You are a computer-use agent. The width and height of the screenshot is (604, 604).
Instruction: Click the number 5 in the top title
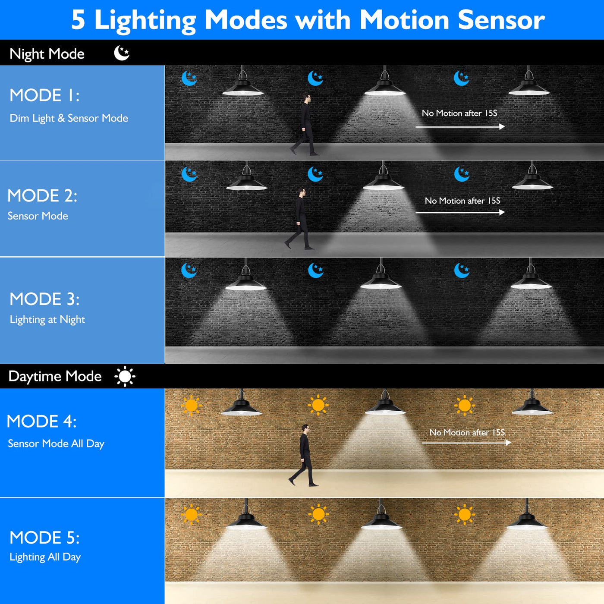(79, 19)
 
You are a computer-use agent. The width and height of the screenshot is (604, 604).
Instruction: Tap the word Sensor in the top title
(501, 19)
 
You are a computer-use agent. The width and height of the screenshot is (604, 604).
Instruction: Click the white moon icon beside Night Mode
(122, 53)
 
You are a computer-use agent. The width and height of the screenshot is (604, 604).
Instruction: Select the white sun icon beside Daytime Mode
(125, 376)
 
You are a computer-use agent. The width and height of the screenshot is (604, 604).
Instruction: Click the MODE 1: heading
(44, 95)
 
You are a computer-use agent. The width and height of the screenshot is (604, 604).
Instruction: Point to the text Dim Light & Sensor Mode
(69, 119)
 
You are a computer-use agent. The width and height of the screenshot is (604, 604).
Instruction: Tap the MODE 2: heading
(42, 195)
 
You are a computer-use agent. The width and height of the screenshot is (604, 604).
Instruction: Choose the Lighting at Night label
(47, 320)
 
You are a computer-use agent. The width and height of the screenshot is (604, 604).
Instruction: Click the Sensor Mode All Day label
(56, 444)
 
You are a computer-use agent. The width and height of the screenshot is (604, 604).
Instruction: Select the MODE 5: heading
(44, 538)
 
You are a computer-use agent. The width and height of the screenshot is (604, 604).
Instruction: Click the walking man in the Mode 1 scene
(305, 125)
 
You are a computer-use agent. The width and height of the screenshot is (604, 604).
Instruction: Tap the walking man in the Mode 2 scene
(299, 219)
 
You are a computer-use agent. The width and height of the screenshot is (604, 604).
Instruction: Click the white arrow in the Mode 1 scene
(460, 127)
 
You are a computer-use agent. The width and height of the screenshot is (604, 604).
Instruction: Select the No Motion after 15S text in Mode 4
(467, 433)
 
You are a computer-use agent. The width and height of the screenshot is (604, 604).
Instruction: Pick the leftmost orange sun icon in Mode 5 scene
(191, 514)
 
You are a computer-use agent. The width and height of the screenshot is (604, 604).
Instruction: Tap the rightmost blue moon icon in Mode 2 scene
(462, 174)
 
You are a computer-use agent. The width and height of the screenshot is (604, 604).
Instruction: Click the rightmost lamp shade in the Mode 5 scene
(527, 522)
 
